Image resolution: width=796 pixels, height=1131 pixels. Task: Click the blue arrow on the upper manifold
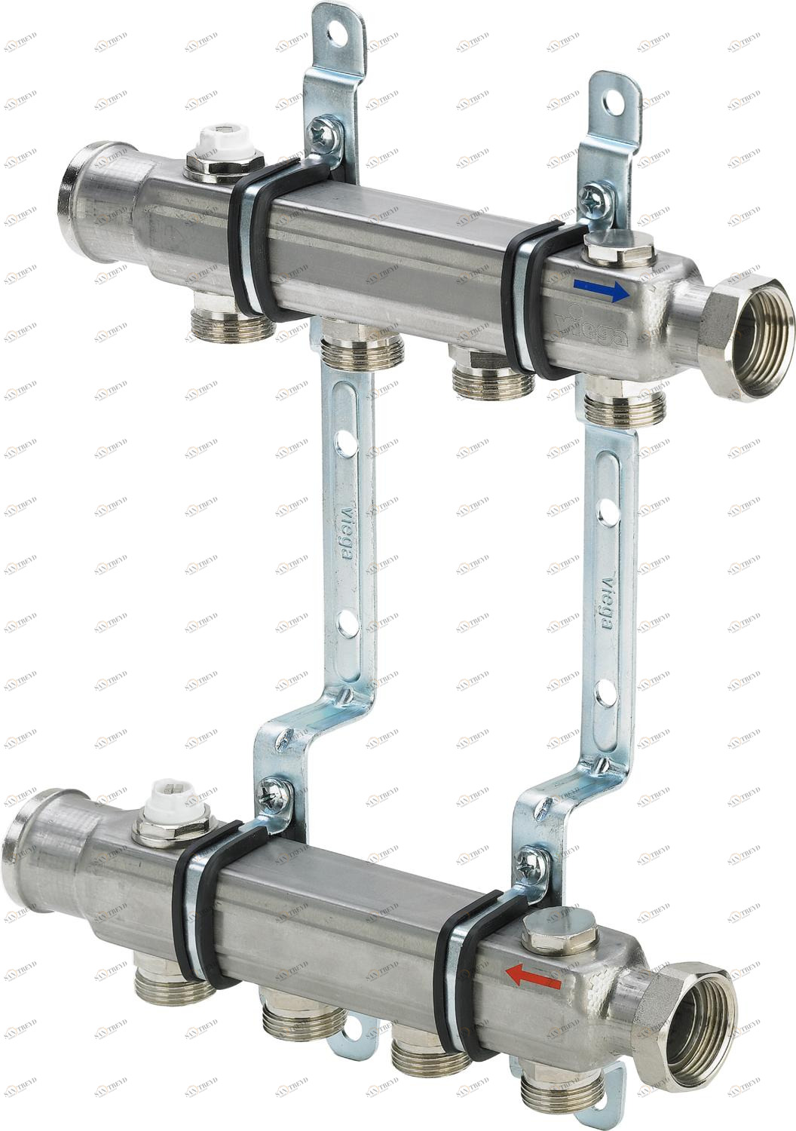(600, 291)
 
